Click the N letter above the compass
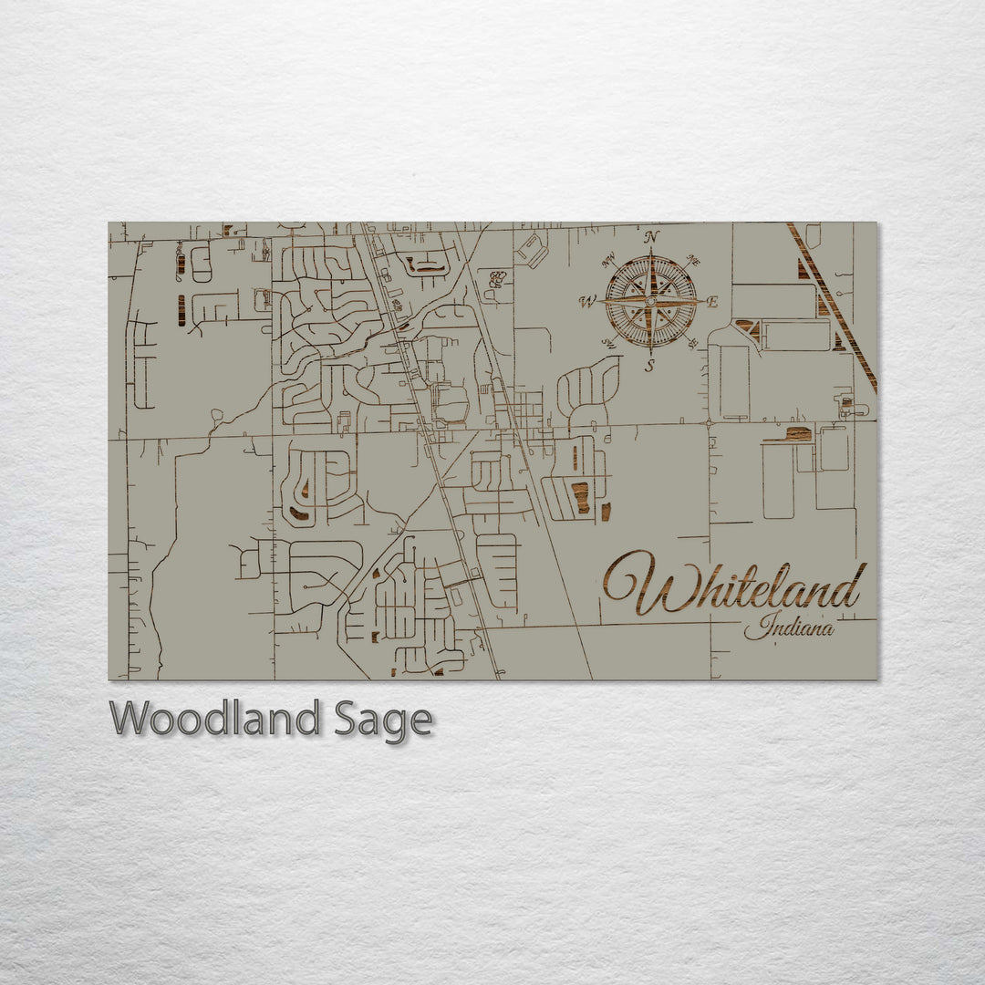[x=651, y=237]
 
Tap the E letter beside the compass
[x=713, y=302]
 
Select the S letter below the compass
[x=650, y=367]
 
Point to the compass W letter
[x=588, y=302]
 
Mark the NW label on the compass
[x=608, y=258]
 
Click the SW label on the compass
[x=607, y=345]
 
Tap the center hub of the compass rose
[x=651, y=301]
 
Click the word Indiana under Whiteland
[x=788, y=627]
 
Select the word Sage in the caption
[x=382, y=721]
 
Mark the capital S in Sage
[x=347, y=719]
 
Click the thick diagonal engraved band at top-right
[x=832, y=306]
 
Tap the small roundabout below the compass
[x=709, y=423]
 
